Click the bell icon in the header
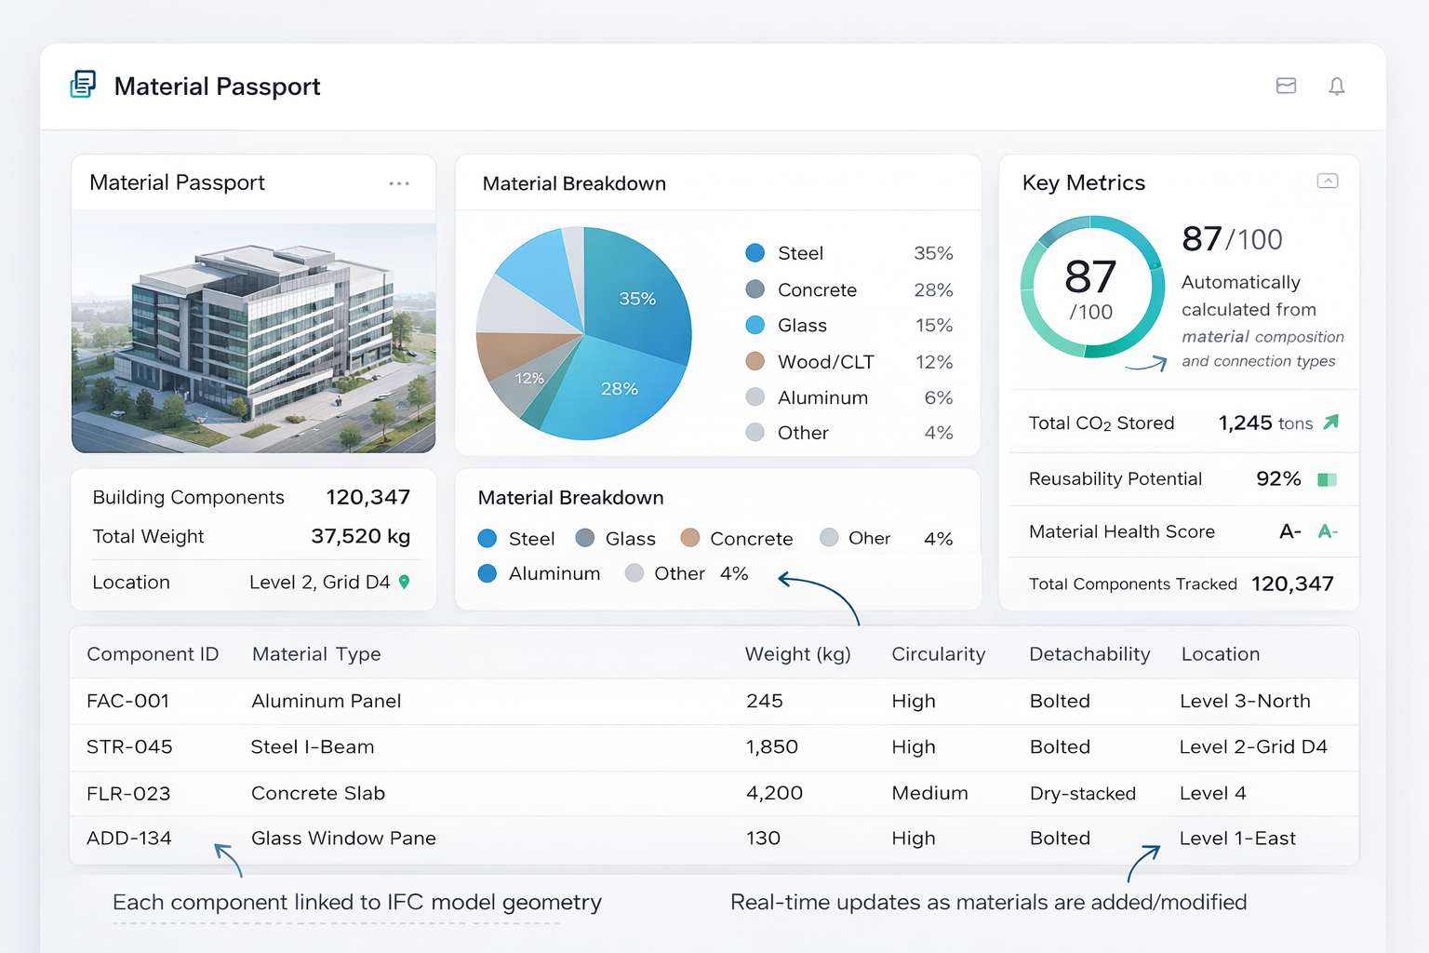1337,87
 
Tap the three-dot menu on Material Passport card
399,184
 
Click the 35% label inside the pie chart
637,299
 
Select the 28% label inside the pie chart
620,389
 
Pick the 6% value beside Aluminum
939,397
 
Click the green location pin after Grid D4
404,582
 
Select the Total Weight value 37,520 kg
360,536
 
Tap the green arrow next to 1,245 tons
1330,422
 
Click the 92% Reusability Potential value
1278,478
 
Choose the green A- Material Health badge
1329,531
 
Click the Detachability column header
1089,653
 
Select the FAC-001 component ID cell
127,701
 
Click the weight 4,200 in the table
774,793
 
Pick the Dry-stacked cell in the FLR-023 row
1083,794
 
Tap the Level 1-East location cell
1237,839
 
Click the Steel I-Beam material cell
313,746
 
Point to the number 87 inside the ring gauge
1090,277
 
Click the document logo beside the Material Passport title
83,85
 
